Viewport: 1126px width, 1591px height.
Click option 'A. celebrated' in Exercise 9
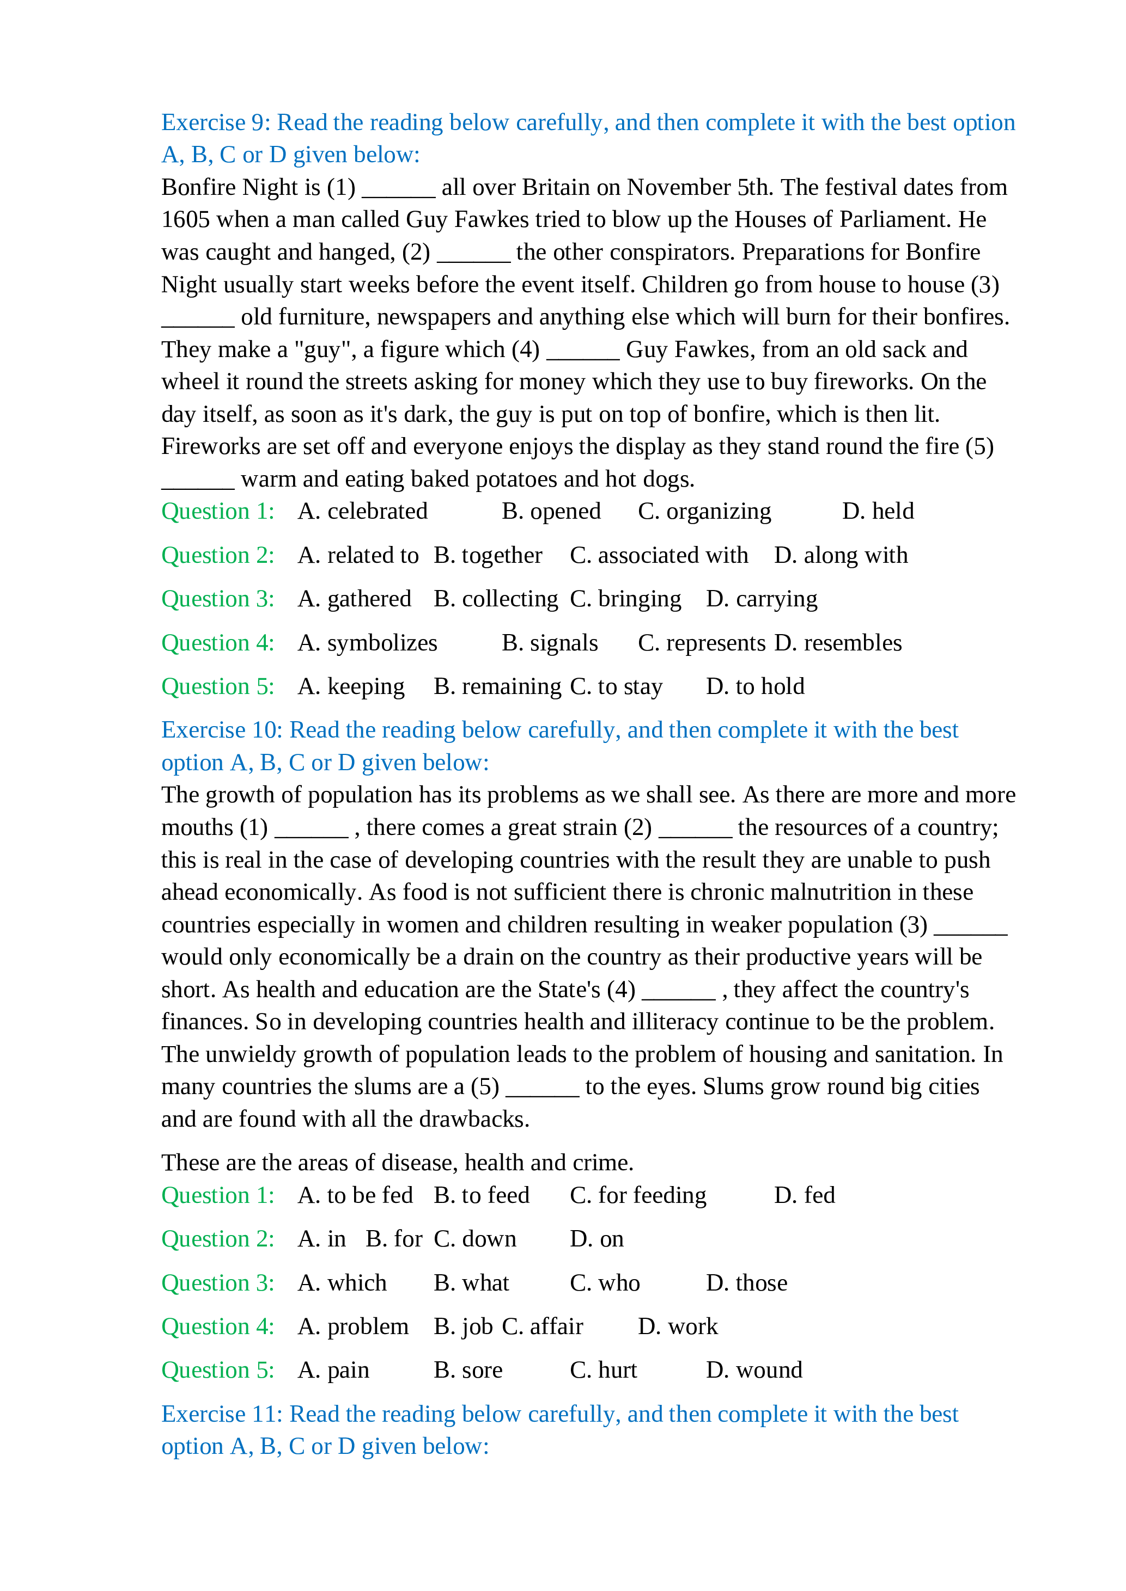(x=363, y=512)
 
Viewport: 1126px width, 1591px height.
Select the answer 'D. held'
(x=878, y=512)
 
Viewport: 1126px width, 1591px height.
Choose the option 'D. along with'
(x=841, y=556)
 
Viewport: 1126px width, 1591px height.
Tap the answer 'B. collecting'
(x=496, y=599)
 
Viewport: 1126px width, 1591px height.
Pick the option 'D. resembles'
(x=838, y=643)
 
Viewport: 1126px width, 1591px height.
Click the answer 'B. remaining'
(x=497, y=687)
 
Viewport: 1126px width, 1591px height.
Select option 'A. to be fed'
(x=355, y=1195)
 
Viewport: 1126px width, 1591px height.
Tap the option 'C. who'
(x=605, y=1283)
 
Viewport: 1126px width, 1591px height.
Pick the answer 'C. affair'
(x=542, y=1327)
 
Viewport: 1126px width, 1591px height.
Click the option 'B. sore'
(x=468, y=1371)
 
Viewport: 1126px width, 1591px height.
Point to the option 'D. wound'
(x=754, y=1371)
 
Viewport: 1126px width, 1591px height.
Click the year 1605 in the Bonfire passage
(x=185, y=220)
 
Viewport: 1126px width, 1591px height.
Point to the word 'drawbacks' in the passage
(x=471, y=1120)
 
